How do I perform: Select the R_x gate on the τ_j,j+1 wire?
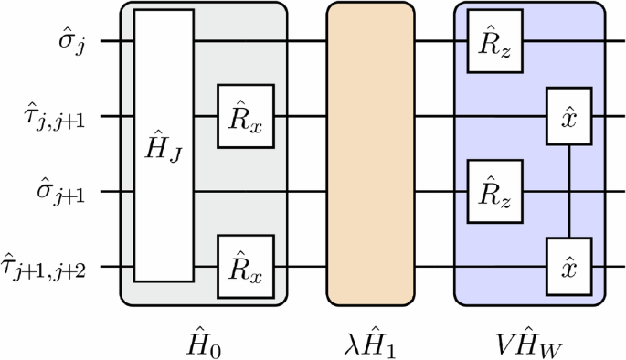246,116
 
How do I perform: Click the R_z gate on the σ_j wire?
494,41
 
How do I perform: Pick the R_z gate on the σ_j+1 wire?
494,192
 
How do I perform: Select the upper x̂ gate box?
569,116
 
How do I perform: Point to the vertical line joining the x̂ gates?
569,191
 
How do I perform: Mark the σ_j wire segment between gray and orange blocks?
308,41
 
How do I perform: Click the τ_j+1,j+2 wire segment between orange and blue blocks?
435,267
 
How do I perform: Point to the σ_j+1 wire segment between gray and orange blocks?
308,192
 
